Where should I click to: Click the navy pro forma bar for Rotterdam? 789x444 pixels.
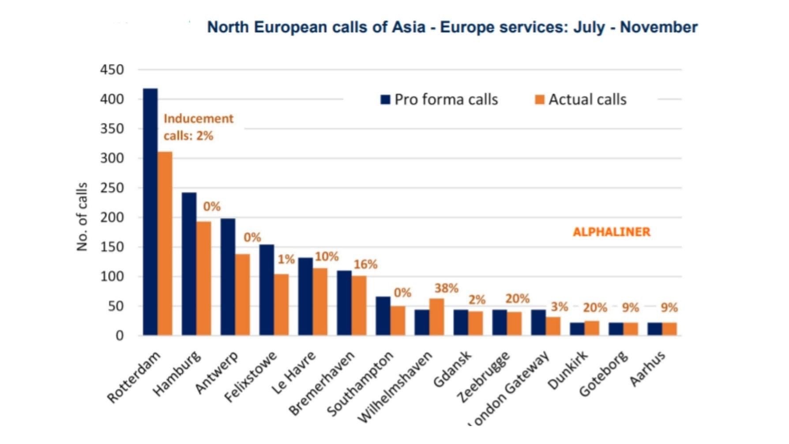tap(150, 212)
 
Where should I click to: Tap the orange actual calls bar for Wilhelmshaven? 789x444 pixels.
tap(436, 317)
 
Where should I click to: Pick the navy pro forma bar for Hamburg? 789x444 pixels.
tap(189, 264)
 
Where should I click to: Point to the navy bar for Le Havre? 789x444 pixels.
tap(305, 297)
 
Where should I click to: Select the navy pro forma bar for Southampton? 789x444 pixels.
tap(383, 316)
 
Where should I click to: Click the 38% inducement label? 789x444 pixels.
tap(446, 288)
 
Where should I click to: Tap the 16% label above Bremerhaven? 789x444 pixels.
tap(365, 264)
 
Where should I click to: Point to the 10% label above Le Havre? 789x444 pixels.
tap(327, 256)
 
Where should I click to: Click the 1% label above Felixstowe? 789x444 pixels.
tap(286, 259)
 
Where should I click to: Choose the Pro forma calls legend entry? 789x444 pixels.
tap(439, 99)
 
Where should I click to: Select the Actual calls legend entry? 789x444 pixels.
tap(580, 99)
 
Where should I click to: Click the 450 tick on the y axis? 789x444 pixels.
tap(112, 70)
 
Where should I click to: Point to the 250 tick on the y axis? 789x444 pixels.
tap(112, 188)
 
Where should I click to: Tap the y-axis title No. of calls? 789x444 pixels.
tap(82, 217)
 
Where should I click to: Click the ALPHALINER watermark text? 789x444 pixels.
tap(611, 232)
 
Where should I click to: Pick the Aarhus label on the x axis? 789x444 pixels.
tap(648, 368)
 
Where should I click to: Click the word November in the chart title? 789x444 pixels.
tap(658, 27)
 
